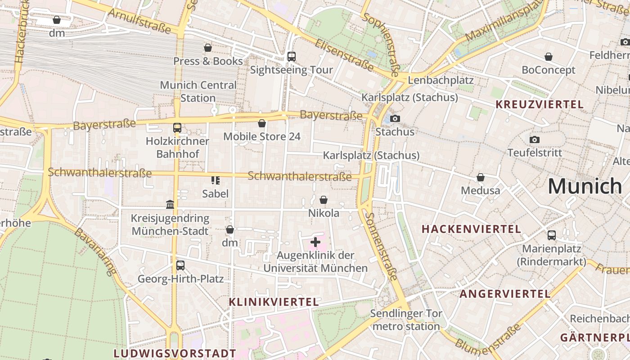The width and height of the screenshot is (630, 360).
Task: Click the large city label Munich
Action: [585, 186]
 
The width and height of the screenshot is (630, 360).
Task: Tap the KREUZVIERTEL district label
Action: [539, 105]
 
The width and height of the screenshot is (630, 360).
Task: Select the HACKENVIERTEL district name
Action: [471, 229]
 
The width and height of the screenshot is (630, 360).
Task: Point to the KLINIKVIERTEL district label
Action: [274, 302]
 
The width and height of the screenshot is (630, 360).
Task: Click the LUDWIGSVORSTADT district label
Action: [175, 353]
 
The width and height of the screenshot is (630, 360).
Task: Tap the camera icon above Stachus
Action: [395, 119]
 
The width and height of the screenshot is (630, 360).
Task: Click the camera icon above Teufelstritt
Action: [535, 139]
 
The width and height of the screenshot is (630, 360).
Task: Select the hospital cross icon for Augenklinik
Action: [315, 243]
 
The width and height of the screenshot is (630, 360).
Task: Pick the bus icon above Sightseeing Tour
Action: [291, 57]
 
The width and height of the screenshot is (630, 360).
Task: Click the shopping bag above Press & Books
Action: [208, 48]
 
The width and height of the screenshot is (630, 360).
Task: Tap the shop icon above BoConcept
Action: [549, 57]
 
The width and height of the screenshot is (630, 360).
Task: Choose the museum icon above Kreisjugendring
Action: [170, 205]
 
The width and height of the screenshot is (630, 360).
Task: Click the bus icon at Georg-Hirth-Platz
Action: [180, 265]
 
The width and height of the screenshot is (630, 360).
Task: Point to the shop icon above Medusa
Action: [481, 178]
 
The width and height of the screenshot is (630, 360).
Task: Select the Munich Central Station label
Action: [198, 91]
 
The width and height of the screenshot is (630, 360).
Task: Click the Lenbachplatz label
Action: [441, 81]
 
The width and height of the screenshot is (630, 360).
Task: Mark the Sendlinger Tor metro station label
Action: [406, 319]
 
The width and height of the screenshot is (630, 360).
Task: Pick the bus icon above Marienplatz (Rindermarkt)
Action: [552, 235]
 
